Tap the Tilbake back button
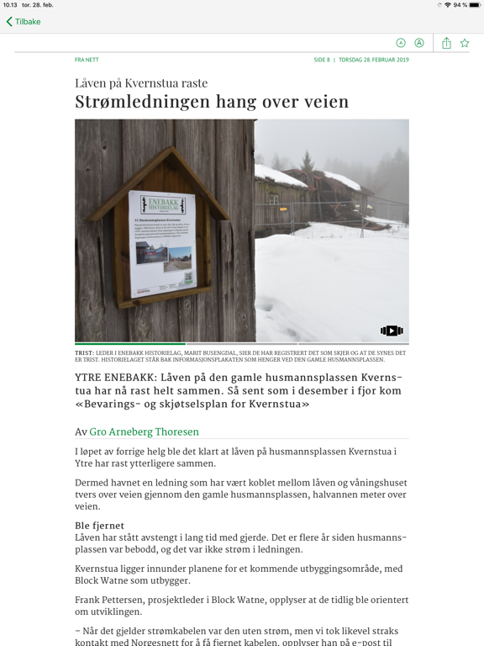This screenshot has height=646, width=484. [x=24, y=22]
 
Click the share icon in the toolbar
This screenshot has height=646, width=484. [x=446, y=43]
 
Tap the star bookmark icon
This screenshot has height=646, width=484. [x=465, y=43]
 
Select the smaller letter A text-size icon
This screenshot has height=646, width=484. [x=401, y=43]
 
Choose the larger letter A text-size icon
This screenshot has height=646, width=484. [x=419, y=43]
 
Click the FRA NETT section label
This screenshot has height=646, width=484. [x=87, y=60]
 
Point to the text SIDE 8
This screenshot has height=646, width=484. [x=322, y=60]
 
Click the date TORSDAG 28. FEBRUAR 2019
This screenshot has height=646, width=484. [x=374, y=60]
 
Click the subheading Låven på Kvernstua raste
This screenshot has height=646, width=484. [x=141, y=83]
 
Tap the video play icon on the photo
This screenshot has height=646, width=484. [x=392, y=331]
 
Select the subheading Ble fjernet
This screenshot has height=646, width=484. [x=99, y=526]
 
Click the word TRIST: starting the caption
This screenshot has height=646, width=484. [x=83, y=353]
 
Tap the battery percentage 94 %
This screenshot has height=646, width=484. [x=460, y=5]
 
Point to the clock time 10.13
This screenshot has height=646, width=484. [x=9, y=5]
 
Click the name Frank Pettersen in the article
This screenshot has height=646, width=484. [x=113, y=600]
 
